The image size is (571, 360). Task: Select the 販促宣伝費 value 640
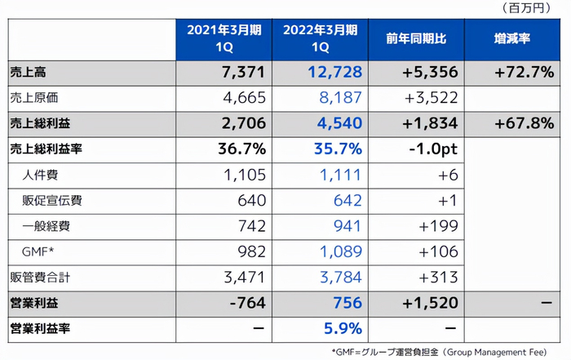click(x=252, y=201)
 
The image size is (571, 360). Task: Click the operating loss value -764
click(x=246, y=303)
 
